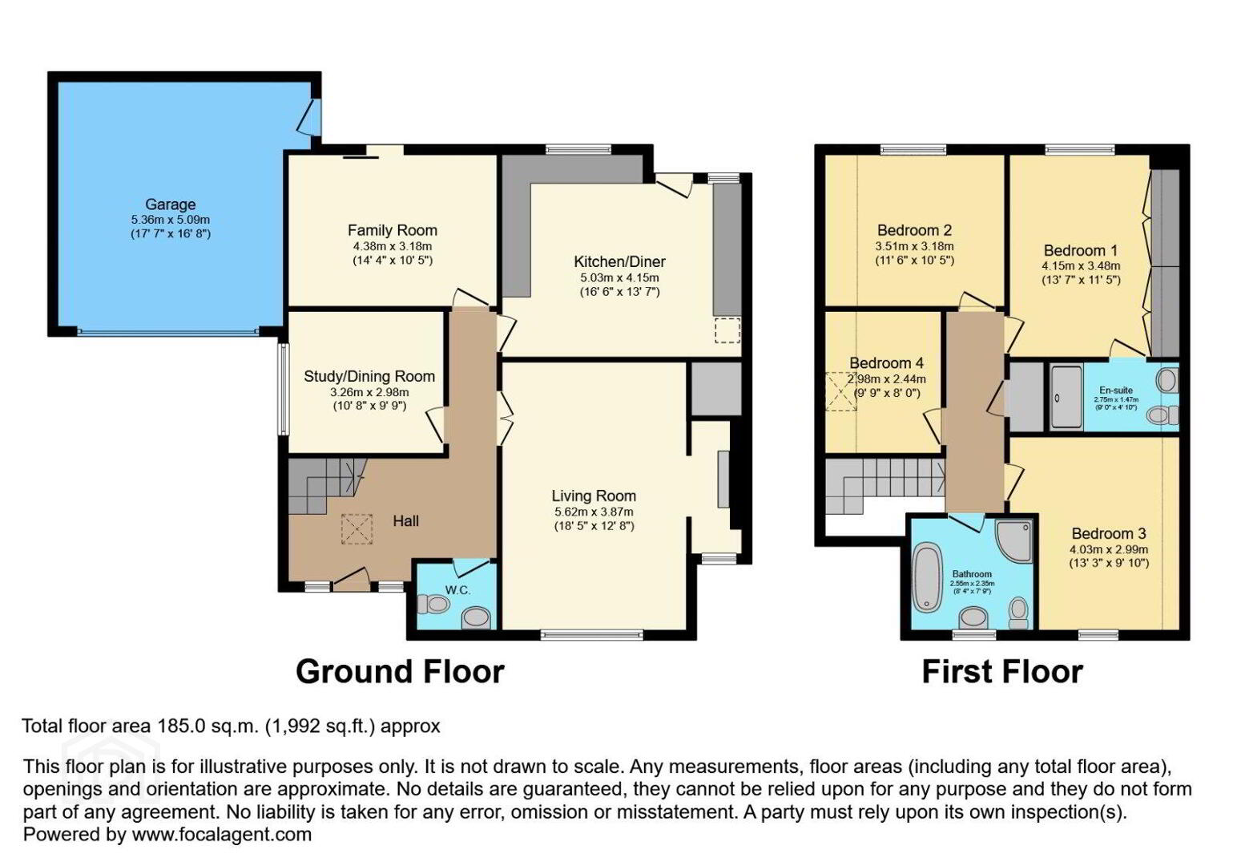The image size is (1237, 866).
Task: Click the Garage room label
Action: click(x=170, y=204)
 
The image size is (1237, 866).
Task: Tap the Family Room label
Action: click(x=392, y=230)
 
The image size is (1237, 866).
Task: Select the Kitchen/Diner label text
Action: click(x=619, y=261)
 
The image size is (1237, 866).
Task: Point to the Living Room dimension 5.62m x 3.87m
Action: click(x=593, y=512)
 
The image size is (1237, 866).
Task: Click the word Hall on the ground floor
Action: click(x=405, y=521)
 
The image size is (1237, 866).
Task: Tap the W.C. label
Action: click(x=457, y=590)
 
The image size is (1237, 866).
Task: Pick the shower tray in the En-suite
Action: click(x=1066, y=397)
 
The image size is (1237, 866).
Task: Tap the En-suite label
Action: click(x=1115, y=391)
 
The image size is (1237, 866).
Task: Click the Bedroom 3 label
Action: click(x=1108, y=533)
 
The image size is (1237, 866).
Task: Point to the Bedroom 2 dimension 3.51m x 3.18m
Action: click(x=914, y=246)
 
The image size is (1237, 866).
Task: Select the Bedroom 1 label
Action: click(x=1080, y=250)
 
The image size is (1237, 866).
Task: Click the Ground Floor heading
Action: click(x=400, y=671)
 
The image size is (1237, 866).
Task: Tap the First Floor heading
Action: click(x=1001, y=671)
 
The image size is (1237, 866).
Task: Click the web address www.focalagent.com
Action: click(x=221, y=834)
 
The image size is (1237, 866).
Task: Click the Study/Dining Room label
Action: click(x=369, y=376)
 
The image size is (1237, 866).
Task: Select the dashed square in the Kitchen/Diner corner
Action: click(x=727, y=330)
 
